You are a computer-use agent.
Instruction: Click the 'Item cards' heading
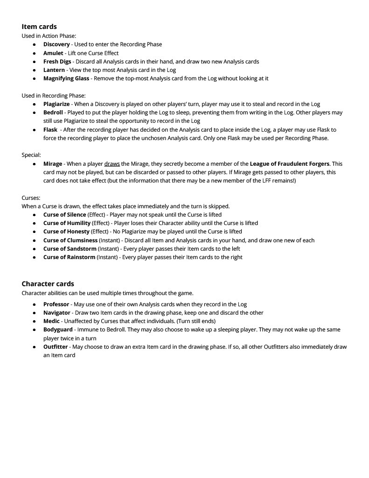point(39,27)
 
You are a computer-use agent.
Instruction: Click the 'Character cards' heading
point(48,284)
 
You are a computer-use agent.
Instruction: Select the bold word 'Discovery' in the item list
point(56,44)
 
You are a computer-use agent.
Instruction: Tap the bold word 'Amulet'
point(53,53)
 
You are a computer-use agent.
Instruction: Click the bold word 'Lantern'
point(54,70)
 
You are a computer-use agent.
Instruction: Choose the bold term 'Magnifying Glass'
point(66,78)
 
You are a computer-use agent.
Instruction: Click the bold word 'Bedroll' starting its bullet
point(53,112)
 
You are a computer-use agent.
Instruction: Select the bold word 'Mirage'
point(53,164)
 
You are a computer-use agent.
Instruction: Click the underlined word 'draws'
point(112,164)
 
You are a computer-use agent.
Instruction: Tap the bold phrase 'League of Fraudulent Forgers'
point(289,164)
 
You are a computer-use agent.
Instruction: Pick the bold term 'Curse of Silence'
point(64,215)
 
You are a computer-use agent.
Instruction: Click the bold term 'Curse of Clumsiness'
point(70,240)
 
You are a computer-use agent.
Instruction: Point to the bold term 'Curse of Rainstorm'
point(69,257)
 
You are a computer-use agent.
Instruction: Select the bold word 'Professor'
point(56,304)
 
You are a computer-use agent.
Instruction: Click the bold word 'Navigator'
point(57,313)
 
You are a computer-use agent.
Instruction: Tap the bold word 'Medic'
point(51,321)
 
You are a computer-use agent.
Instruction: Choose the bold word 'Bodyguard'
point(58,330)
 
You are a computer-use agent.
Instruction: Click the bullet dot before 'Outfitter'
point(34,347)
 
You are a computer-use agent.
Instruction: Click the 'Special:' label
point(31,155)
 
